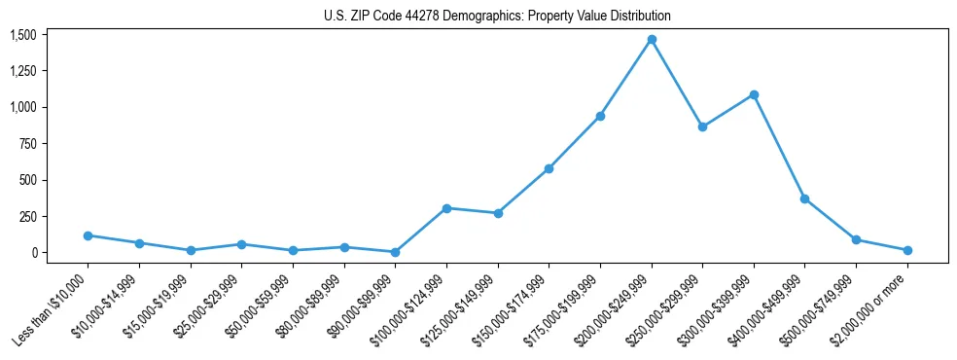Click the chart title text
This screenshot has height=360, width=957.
coord(497,17)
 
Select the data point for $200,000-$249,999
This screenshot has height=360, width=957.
coord(652,40)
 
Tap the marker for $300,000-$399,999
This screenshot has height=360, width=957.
coord(754,95)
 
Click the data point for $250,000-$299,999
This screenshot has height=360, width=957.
coord(702,126)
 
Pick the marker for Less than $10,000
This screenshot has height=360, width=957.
coord(89,235)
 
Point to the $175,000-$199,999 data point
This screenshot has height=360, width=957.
coord(600,116)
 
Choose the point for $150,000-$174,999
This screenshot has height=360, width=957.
coord(549,168)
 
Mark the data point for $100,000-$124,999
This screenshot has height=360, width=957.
coord(446,208)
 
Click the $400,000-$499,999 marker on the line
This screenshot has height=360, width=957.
coord(805,198)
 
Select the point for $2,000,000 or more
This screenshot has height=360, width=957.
coord(907,250)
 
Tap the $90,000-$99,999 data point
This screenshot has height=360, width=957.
coord(396,252)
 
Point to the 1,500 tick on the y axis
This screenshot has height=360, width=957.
coord(23,35)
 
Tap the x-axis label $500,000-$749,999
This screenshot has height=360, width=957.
coord(819,310)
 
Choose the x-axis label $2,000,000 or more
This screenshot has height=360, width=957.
coord(870,310)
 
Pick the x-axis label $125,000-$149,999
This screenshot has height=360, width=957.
coord(460,310)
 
